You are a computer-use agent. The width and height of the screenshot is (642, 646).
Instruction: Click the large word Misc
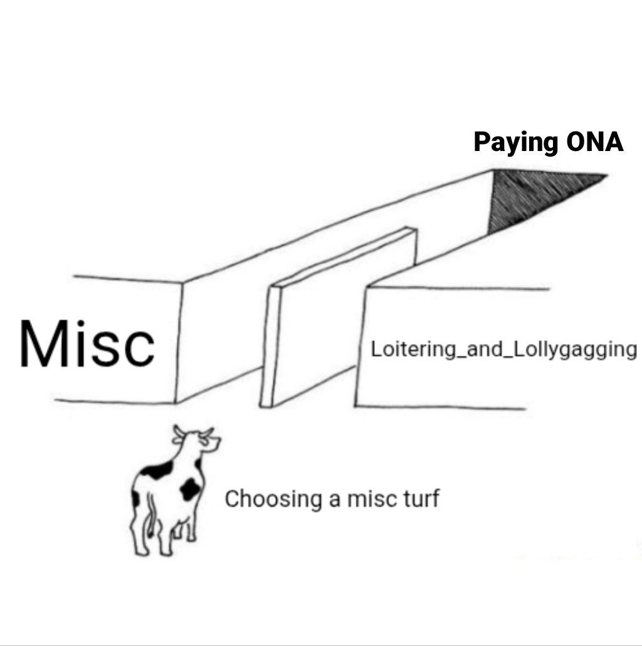87,343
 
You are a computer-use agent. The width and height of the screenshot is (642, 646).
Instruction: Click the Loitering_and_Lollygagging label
503,350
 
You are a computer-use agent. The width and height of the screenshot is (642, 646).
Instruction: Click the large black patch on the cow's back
157,470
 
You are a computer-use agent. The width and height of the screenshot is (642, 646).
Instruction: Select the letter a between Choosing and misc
335,500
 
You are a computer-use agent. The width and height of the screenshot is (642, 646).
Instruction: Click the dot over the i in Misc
81,325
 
